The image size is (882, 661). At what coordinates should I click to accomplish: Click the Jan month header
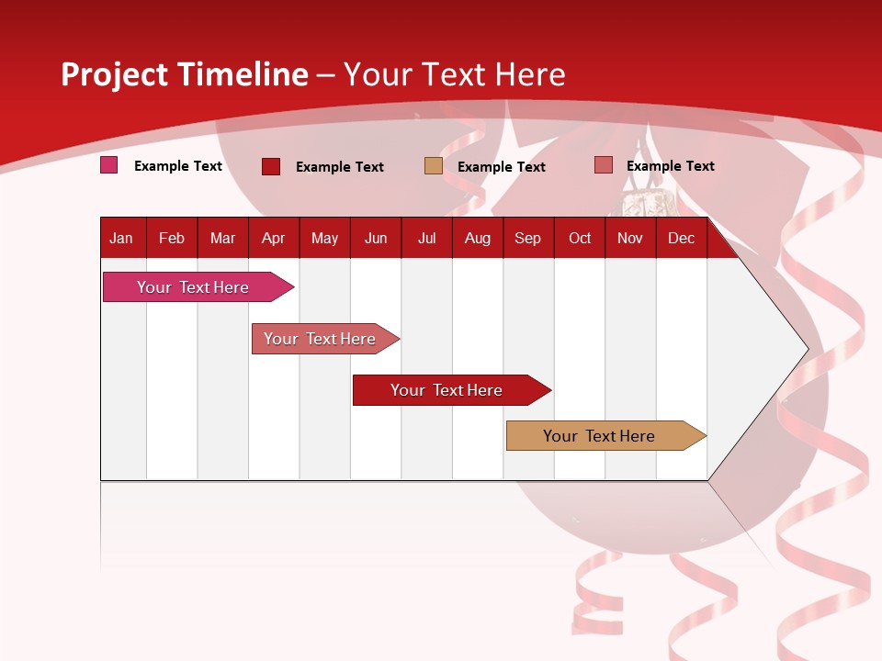coord(121,238)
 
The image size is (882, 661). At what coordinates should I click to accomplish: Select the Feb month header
coord(172,238)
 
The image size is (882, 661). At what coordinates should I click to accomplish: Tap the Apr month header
coord(273,238)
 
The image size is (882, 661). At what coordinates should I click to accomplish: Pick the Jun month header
coord(376,238)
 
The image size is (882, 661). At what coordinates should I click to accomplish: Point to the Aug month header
coord(478,238)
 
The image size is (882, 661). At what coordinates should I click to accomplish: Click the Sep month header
coord(527,238)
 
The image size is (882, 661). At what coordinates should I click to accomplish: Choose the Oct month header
coord(580,238)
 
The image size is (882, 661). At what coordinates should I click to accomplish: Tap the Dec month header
coord(681,238)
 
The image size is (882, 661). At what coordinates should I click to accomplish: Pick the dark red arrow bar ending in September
coord(447,390)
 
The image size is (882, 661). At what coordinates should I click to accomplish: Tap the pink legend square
coord(108,165)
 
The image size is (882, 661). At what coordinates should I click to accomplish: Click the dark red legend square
coord(270,166)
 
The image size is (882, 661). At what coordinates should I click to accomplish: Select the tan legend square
coord(433,166)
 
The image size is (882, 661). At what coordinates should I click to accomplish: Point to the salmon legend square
coord(603,165)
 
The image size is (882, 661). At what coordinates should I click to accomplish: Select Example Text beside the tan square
coord(501,167)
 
